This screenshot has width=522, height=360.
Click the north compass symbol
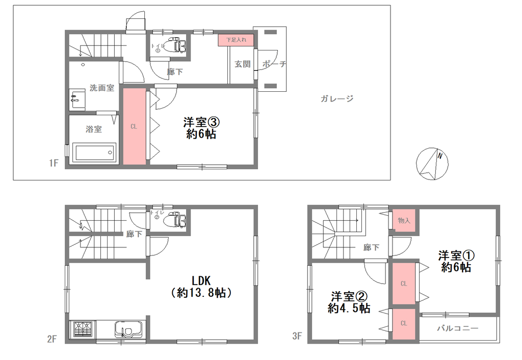tap(432, 164)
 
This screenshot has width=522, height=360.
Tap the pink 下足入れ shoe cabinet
tap(236, 40)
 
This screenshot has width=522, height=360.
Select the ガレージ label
tap(337, 98)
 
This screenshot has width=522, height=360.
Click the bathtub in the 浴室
tap(94, 153)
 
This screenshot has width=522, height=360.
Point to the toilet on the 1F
tap(176, 45)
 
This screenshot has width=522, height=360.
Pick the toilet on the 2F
tap(175, 220)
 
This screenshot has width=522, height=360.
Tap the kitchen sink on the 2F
tap(128, 330)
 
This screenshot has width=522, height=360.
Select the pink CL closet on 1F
tap(135, 126)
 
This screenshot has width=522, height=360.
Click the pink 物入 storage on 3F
tap(404, 220)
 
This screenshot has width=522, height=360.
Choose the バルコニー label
tap(458, 328)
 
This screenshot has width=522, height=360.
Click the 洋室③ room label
tap(201, 122)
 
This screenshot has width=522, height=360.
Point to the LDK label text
tap(201, 281)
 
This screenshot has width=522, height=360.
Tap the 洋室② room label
tap(349, 296)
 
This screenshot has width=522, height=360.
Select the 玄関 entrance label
tap(242, 64)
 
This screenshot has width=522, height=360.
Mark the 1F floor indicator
tap(54, 163)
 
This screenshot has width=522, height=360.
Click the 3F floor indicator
tap(297, 336)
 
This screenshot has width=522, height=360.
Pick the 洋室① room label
tap(456, 255)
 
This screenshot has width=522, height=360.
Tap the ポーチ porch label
tap(274, 64)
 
